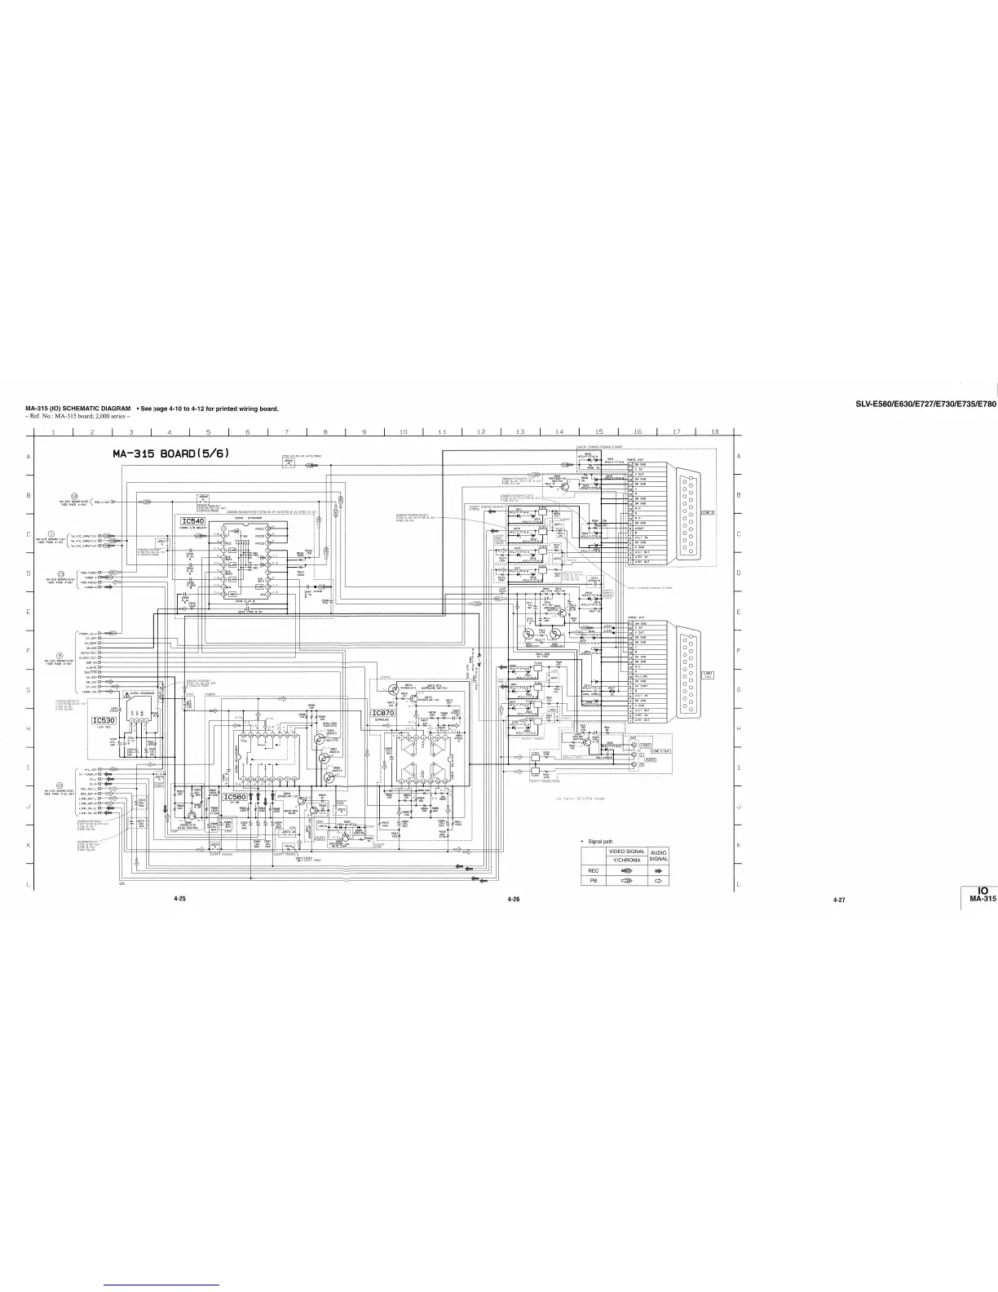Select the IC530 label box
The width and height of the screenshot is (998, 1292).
[104, 720]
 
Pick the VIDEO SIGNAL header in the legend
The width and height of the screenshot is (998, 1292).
[627, 852]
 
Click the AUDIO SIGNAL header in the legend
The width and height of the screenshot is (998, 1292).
[658, 856]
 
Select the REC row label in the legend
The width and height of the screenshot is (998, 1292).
[594, 870]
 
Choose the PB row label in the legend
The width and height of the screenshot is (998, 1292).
[594, 881]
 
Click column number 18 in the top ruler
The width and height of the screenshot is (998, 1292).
[715, 431]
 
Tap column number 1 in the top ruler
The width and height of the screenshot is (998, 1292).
[52, 431]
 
